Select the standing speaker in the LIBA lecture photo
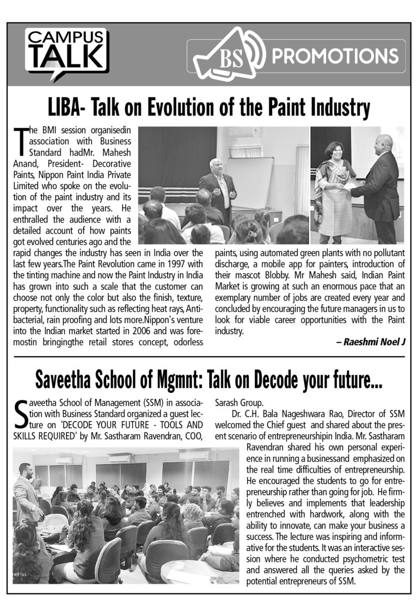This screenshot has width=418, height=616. [x=217, y=183]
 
